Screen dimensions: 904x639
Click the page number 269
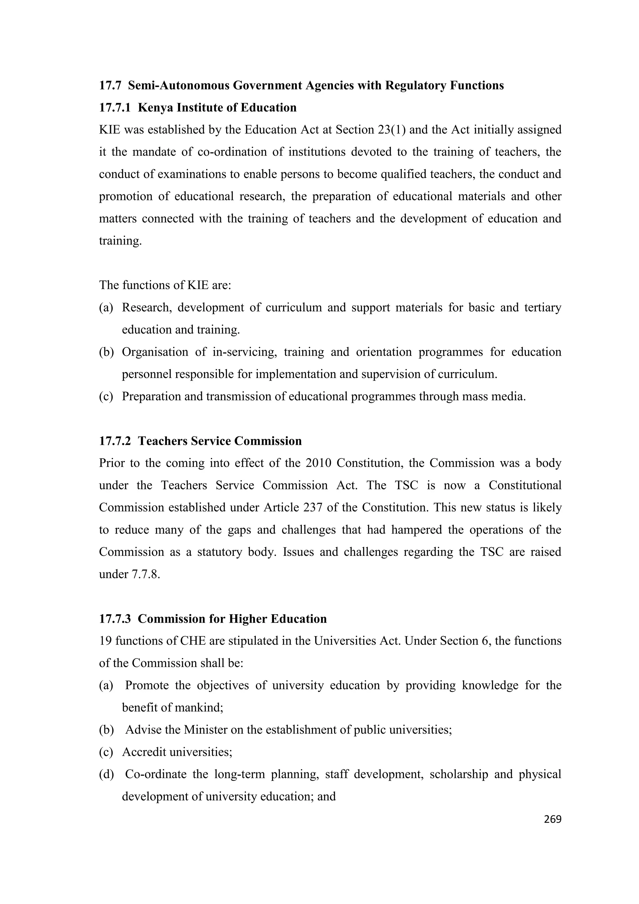tap(552, 819)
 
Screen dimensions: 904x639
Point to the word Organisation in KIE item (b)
tap(155, 352)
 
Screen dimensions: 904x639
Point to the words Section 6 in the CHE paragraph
tap(464, 641)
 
